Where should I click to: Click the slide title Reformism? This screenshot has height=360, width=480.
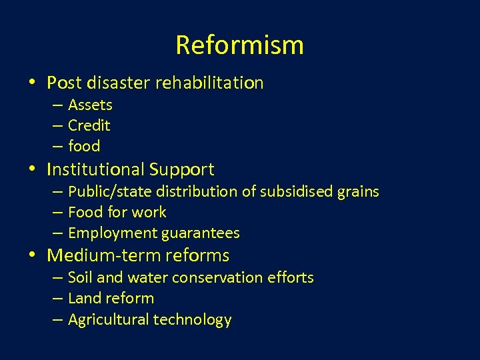coord(239,45)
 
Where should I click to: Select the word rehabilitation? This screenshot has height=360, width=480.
coord(209,83)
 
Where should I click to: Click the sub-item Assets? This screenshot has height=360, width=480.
coord(90,105)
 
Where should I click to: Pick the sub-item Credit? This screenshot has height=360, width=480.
coord(89,125)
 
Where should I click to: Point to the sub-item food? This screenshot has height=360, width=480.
coord(84,146)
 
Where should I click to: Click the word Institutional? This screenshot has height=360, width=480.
coord(96,169)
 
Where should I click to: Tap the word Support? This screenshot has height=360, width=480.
coord(181,169)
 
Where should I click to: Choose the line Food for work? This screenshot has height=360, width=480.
coord(117,213)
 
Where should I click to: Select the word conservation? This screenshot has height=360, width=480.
coord(221,277)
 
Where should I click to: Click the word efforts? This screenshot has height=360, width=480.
coord(290,277)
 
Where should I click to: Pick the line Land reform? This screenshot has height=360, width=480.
coord(111,298)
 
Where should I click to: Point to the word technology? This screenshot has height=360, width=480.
coord(193,320)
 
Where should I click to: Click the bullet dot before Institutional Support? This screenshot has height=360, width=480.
coord(33,170)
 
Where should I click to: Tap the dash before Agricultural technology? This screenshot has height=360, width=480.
coord(57,320)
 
